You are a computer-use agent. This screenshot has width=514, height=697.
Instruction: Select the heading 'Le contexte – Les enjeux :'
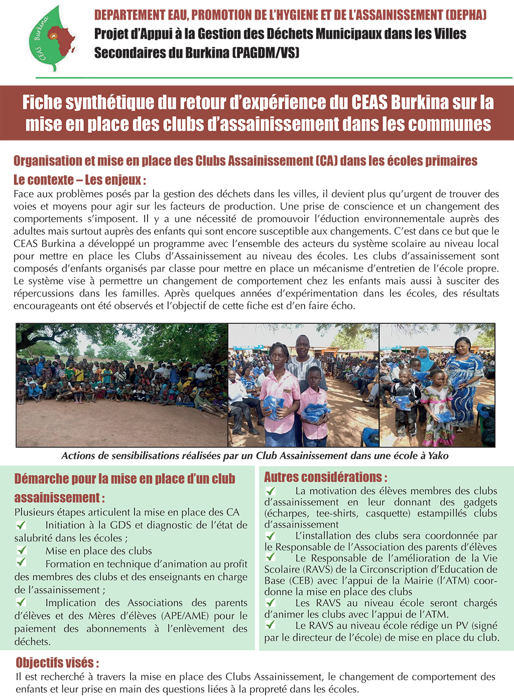[80, 180]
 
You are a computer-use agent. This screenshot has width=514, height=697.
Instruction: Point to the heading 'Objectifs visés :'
[57, 662]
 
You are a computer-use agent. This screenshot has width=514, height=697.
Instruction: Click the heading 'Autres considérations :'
[325, 477]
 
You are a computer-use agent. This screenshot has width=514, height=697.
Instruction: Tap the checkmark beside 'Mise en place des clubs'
[21, 550]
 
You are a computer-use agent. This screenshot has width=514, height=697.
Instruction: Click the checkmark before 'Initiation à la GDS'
[21, 525]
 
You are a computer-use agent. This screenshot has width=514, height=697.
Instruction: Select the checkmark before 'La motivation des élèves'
[271, 491]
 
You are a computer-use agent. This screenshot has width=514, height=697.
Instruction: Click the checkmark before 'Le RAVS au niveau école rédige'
[271, 625]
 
